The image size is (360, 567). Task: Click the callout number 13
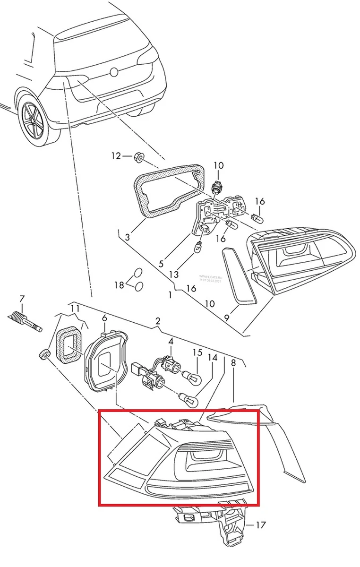pyautogui.click(x=174, y=274)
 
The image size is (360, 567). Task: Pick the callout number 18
pyautogui.click(x=119, y=285)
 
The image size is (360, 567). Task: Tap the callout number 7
pyautogui.click(x=21, y=299)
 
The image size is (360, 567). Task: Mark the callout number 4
pyautogui.click(x=171, y=341)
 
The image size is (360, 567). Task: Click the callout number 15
pyautogui.click(x=197, y=352)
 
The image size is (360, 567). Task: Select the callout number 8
pyautogui.click(x=233, y=362)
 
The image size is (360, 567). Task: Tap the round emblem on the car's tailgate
pyautogui.click(x=114, y=73)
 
